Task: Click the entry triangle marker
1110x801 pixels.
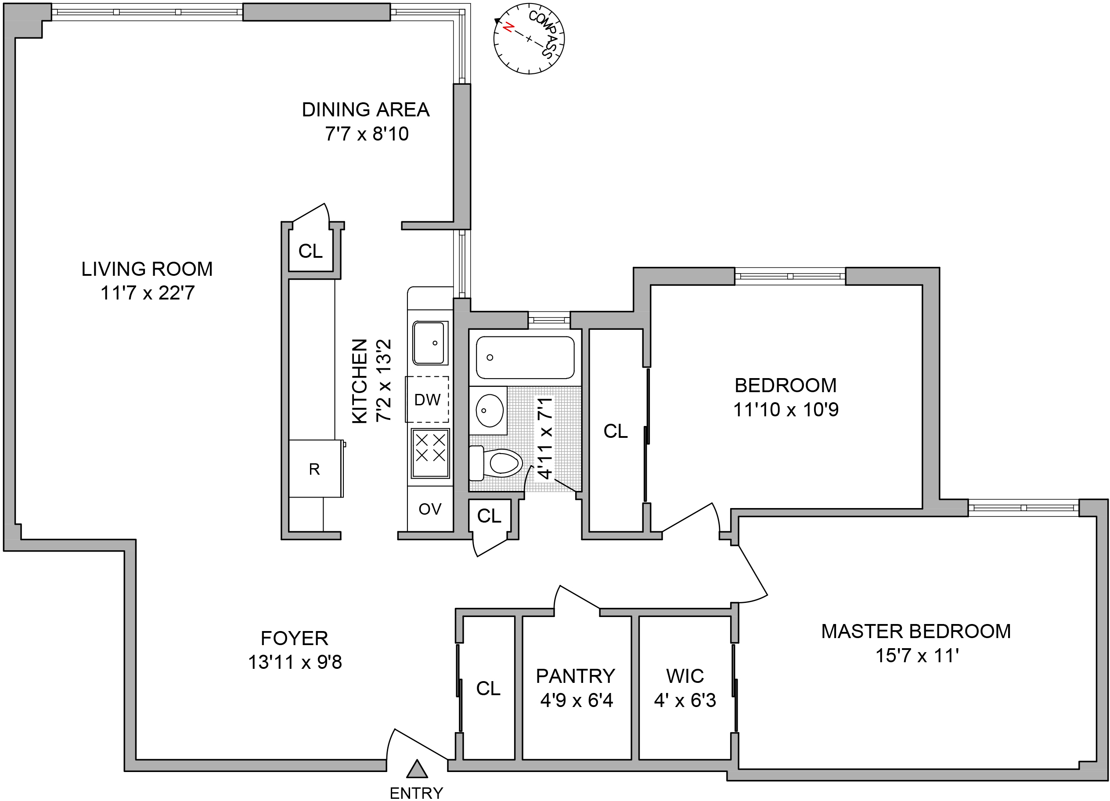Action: point(417,770)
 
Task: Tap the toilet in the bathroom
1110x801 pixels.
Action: point(499,463)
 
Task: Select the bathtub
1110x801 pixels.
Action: point(525,357)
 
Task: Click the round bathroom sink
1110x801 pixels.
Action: point(489,410)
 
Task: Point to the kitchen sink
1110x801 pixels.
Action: point(430,343)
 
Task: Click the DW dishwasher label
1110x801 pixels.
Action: point(427,400)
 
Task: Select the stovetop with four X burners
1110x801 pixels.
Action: point(430,453)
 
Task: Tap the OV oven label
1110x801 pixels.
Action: point(430,509)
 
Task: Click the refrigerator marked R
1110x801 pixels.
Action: point(315,469)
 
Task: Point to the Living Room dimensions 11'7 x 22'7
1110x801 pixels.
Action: point(148,293)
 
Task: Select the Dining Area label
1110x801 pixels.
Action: point(366,110)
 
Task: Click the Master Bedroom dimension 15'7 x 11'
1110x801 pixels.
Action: point(916,655)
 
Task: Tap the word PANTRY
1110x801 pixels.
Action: point(576,676)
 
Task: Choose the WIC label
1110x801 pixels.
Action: point(685,676)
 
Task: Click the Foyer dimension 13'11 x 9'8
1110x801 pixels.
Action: point(295,662)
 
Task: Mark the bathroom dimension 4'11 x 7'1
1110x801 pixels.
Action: point(545,438)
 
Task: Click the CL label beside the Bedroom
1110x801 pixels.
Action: point(615,431)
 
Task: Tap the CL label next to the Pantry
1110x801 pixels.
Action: point(488,689)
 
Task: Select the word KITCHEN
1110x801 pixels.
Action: point(360,380)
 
